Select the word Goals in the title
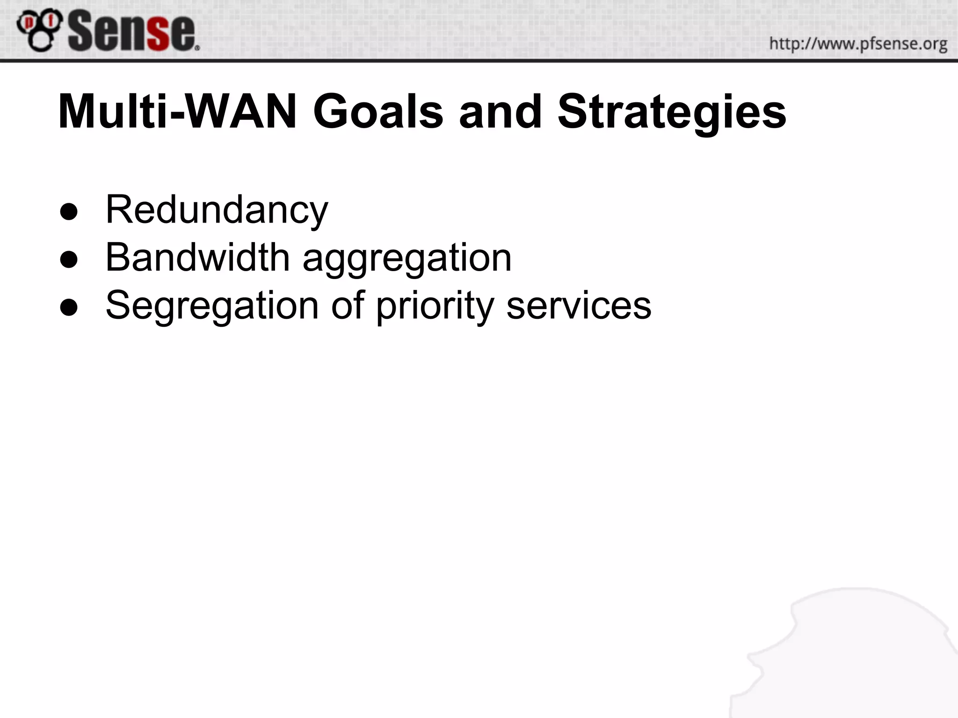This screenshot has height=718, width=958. pyautogui.click(x=378, y=112)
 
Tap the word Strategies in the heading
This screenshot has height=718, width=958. pyautogui.click(x=672, y=112)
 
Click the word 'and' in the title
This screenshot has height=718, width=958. pyautogui.click(x=500, y=112)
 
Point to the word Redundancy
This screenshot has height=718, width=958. pyautogui.click(x=217, y=210)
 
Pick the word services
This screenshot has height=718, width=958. pyautogui.click(x=579, y=305)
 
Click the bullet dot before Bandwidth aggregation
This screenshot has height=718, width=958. pyautogui.click(x=69, y=260)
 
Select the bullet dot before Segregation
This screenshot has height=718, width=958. pyautogui.click(x=69, y=308)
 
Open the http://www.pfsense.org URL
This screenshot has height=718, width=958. pyautogui.click(x=858, y=44)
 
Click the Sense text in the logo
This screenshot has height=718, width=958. pyautogui.click(x=132, y=32)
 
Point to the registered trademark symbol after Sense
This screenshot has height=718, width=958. pyautogui.click(x=197, y=47)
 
